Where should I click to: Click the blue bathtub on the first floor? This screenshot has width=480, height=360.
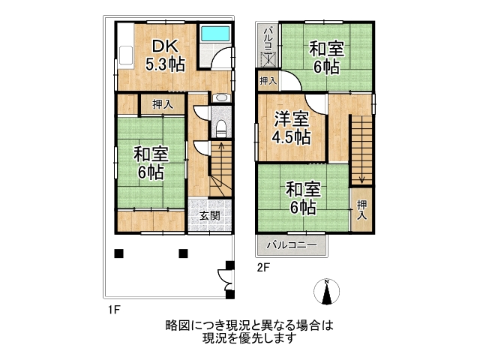[215, 33]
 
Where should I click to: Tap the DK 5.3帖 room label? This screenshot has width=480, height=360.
[165, 55]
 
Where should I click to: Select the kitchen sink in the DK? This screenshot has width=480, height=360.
[126, 55]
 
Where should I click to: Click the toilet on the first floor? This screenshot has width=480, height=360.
[220, 129]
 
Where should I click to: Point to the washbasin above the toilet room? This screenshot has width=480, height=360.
[220, 97]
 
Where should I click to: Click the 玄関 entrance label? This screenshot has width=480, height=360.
[210, 215]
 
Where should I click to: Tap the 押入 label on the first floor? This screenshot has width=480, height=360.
[163, 105]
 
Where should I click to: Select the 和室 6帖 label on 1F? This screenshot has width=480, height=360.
[151, 163]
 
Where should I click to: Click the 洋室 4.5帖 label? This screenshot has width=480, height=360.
[291, 127]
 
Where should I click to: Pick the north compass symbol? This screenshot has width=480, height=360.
[327, 292]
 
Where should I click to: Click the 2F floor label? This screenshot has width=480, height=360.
[263, 268]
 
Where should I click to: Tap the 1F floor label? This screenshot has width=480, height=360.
[113, 310]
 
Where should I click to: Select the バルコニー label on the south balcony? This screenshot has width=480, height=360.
[292, 245]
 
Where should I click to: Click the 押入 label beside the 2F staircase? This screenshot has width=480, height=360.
[361, 210]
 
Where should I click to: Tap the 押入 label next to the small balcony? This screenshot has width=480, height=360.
[268, 81]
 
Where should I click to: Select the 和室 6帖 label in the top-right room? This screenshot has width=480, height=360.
[327, 58]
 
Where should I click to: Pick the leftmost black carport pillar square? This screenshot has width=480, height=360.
[118, 253]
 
